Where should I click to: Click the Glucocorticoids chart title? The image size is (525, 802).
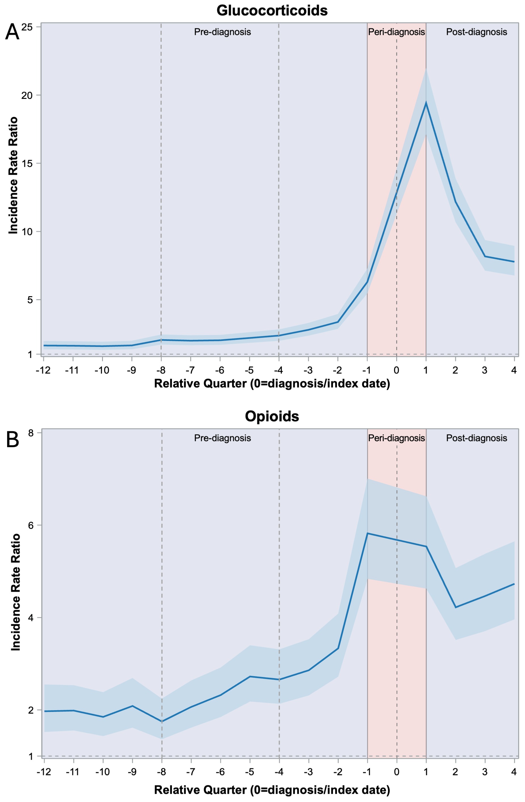tap(272, 10)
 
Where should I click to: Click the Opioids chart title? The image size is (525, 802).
tap(272, 417)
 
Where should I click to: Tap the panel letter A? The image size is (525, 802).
tap(12, 33)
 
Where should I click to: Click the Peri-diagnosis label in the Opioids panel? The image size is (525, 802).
tap(396, 438)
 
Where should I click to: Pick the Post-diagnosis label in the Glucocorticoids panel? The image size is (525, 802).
tap(476, 32)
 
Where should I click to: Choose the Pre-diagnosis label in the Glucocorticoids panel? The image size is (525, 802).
tap(222, 32)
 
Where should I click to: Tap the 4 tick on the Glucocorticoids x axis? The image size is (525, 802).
tap(514, 370)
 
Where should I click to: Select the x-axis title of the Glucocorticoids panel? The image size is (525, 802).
tap(272, 383)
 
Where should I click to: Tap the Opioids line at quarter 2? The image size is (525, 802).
tap(456, 608)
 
